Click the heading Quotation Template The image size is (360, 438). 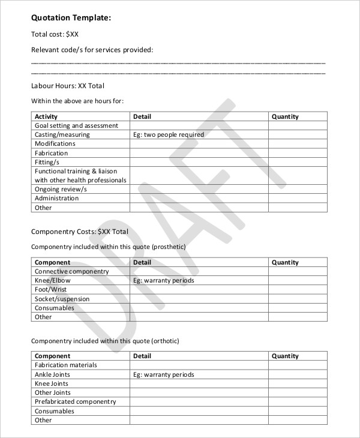pyautogui.click(x=71, y=19)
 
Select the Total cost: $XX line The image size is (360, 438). pyautogui.click(x=55, y=34)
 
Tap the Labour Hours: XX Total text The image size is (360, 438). pyautogui.click(x=67, y=86)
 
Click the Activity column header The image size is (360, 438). pyautogui.click(x=46, y=116)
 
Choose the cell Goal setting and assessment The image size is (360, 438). pyautogui.click(x=76, y=125)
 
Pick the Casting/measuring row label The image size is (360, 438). pyautogui.click(x=62, y=134)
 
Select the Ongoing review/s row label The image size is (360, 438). pyautogui.click(x=61, y=189)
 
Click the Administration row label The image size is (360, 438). pyautogui.click(x=56, y=198)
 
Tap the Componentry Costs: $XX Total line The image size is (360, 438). pyautogui.click(x=79, y=231)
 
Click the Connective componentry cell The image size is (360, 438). pyautogui.click(x=71, y=271)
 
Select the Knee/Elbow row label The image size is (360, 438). pyautogui.click(x=53, y=280)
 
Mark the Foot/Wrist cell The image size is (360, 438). pyautogui.click(x=50, y=289)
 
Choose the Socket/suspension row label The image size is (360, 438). pyautogui.click(x=62, y=299)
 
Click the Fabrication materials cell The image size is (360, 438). pyautogui.click(x=65, y=365)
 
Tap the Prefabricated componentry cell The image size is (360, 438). pyautogui.click(x=75, y=401)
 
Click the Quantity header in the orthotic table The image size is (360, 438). pyautogui.click(x=285, y=356)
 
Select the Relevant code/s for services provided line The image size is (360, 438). pyautogui.click(x=92, y=49)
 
